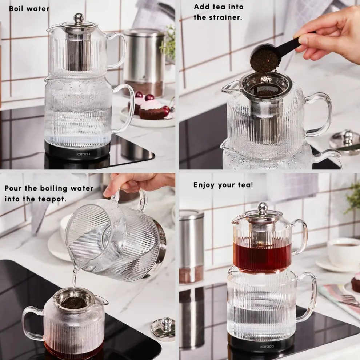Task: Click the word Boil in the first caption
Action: [16, 8]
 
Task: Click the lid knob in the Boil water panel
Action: [79, 18]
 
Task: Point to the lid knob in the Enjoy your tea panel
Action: [263, 207]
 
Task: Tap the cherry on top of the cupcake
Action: [149, 97]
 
